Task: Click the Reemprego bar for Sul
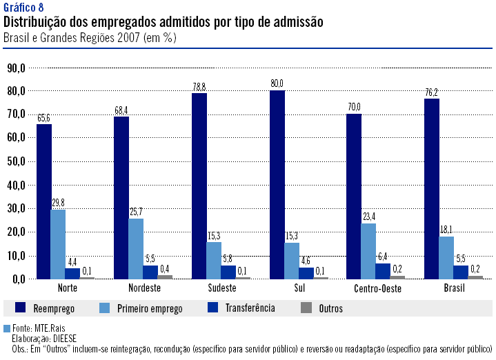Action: coord(277,185)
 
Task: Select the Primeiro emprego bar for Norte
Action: coord(59,244)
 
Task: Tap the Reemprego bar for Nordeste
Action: coord(121,198)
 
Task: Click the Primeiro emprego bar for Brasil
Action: coord(446,257)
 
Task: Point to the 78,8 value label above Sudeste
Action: coord(199,87)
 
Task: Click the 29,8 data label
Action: coord(59,203)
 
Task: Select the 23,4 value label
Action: coord(369,217)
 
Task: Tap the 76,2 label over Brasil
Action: coord(431,92)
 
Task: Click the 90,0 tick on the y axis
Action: coord(16,68)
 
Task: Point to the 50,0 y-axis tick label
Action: coord(16,161)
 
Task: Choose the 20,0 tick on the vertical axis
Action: coord(16,232)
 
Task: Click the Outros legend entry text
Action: coord(330,308)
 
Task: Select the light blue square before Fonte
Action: coord(7,328)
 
